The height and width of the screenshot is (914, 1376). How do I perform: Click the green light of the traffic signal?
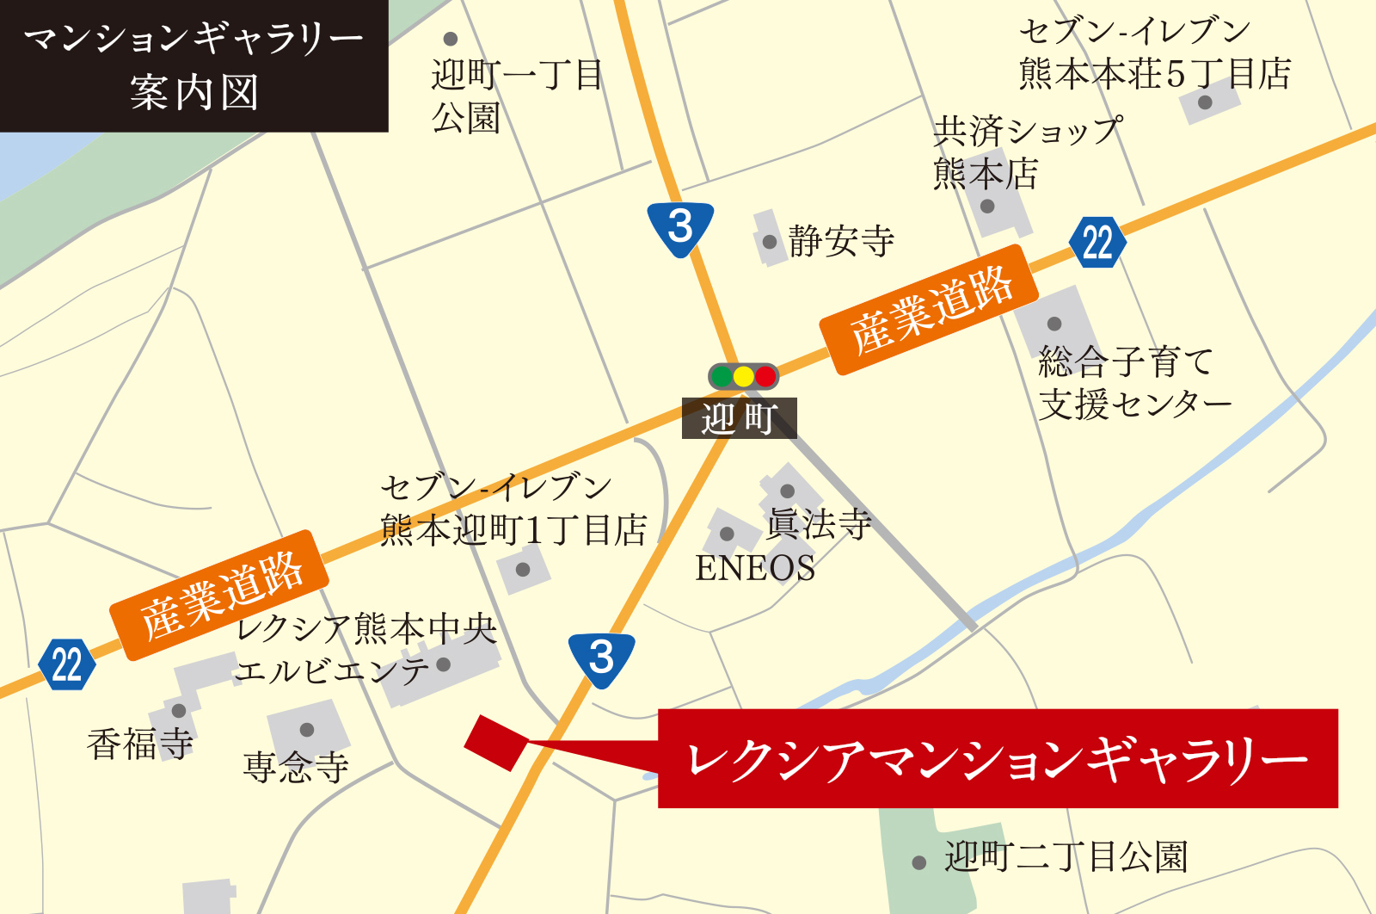pos(722,376)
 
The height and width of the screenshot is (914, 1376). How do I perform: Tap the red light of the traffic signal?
pos(765,376)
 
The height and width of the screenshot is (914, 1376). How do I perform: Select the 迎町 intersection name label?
pos(739,418)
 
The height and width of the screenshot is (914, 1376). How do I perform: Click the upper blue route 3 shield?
pos(680,228)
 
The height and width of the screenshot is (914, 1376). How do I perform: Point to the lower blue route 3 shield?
pos(601,658)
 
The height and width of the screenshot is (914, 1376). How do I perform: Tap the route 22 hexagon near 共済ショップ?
pos(1097,243)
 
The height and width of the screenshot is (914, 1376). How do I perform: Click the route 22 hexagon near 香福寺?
pos(66,664)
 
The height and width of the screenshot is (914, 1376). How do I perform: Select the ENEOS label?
pos(754,568)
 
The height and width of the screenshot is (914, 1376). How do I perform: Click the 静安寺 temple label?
pos(841,241)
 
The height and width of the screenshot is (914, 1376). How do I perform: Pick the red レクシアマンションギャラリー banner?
pos(998,759)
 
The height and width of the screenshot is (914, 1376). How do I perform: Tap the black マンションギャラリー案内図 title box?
pos(193,65)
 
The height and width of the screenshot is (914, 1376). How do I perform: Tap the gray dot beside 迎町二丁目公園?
pos(918,862)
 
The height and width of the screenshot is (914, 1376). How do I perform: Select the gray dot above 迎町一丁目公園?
pos(450,40)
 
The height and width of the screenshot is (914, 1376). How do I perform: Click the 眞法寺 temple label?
pos(819,523)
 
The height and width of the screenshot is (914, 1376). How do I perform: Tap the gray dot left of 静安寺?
pos(770,242)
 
